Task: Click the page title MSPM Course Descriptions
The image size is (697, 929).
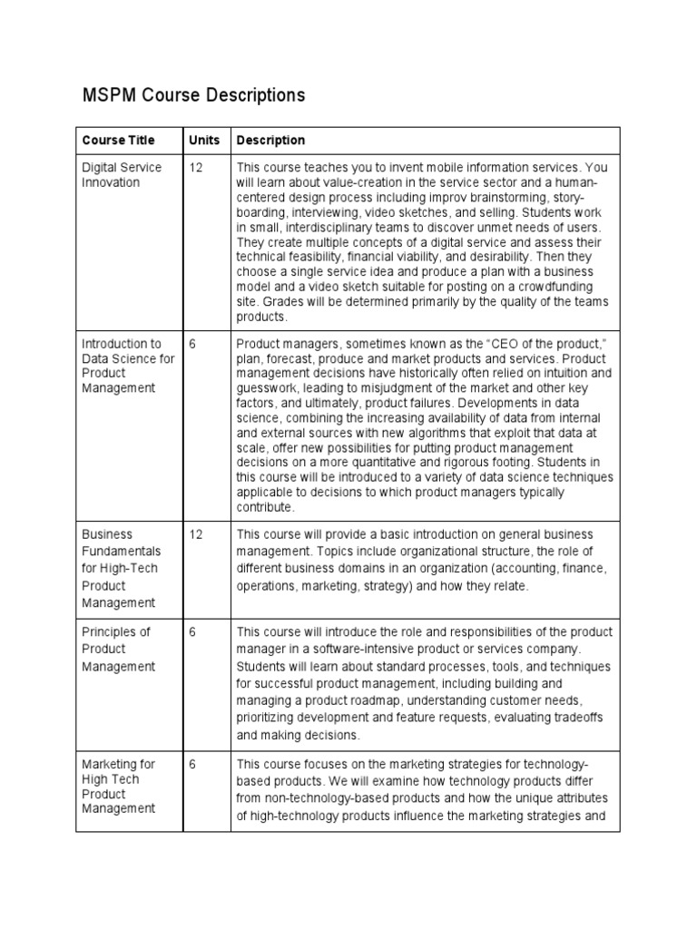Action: click(193, 95)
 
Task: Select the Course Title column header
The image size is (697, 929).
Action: click(118, 141)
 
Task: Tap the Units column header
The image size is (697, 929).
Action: click(204, 141)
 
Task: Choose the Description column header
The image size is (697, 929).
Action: click(270, 141)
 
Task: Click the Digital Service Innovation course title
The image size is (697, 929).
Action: click(122, 175)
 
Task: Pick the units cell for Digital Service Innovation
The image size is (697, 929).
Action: click(195, 168)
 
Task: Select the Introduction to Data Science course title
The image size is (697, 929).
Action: click(127, 366)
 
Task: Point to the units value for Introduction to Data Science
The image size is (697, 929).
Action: click(192, 344)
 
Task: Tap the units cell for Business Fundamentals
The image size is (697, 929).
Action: click(195, 534)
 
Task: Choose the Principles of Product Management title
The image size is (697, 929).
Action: click(119, 649)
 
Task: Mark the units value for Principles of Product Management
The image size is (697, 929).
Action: click(192, 632)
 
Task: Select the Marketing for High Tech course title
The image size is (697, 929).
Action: click(119, 786)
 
